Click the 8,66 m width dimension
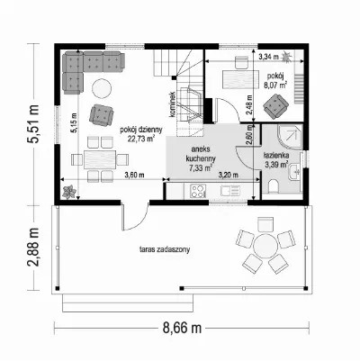pos(182,328)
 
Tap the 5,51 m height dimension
pos(32,124)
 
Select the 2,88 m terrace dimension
pos(32,247)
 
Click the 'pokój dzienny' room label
pos(141,130)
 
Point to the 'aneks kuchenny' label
pos(201,153)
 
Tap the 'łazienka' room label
pos(276,156)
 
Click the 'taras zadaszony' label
pos(165,249)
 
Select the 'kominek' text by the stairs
pos(172,104)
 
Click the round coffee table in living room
pos(102,88)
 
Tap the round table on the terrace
pos(265,246)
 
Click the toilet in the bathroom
pos(274,186)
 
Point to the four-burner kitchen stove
pos(198,191)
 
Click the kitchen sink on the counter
pos(230,190)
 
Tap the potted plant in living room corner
pos(69,192)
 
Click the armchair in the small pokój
pos(275,106)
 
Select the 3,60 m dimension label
pos(135,176)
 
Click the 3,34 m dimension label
pos(268,57)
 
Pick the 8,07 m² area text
pos(274,85)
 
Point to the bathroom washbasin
pos(294,173)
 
